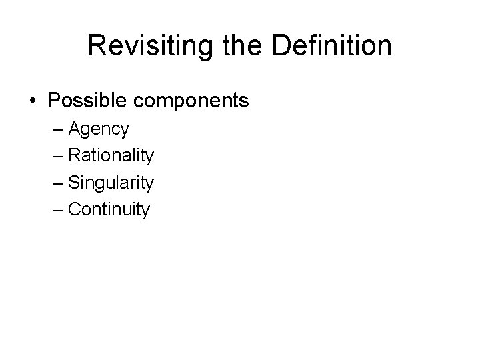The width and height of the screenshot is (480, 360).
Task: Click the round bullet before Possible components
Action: point(33,101)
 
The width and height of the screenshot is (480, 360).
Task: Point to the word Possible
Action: point(84,101)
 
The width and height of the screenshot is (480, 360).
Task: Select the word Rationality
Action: point(111,155)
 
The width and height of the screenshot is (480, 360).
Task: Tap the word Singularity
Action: point(111,183)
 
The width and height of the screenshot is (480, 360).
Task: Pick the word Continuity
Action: point(109,209)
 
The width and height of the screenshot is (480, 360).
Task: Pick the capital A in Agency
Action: point(74,128)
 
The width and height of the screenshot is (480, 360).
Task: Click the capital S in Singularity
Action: point(74,182)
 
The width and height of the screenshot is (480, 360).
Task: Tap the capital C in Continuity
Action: point(75,209)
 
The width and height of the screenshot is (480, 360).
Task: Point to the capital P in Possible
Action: point(54,101)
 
